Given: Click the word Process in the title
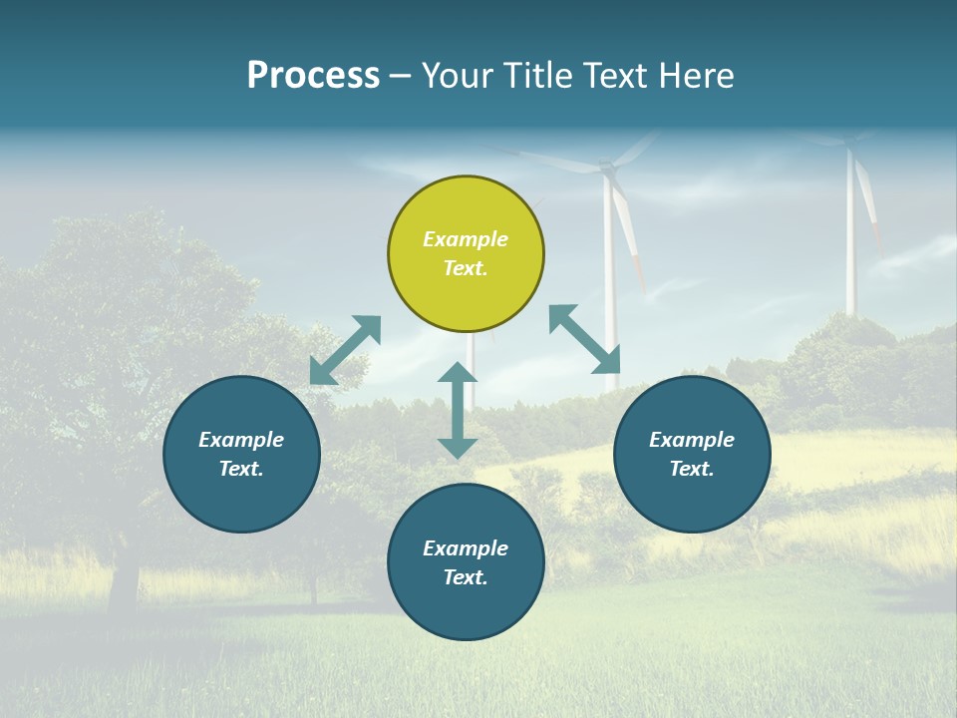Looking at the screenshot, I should point(313,76).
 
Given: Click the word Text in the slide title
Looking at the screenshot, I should point(616,76).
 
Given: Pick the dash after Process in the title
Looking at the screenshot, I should point(400,77).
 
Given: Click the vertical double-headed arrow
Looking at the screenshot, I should point(458,410).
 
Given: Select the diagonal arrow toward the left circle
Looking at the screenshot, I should point(345,350).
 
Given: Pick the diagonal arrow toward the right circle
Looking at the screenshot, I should point(584,339).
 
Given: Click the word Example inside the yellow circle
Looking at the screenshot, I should point(466,239).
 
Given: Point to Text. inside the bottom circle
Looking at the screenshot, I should point(466,577).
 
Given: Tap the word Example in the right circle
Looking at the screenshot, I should point(692,440).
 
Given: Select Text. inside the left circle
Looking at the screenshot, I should point(241,469).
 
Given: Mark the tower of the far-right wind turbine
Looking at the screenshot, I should point(850,239).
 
